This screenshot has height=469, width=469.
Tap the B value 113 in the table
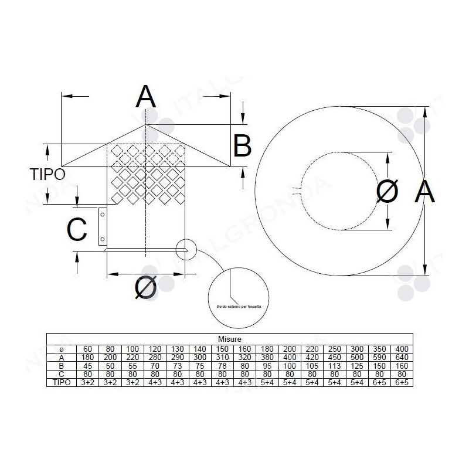(x=335, y=365)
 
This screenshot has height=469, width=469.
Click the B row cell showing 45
(x=87, y=365)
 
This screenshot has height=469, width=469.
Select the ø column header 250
(x=335, y=348)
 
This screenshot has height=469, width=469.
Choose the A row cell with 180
(x=87, y=356)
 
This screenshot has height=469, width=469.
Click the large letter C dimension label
(x=77, y=230)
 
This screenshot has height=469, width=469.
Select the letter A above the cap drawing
(x=146, y=97)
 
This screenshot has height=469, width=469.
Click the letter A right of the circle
(x=425, y=192)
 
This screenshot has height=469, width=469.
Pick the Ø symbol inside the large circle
(x=388, y=192)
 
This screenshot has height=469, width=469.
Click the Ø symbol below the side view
(x=145, y=288)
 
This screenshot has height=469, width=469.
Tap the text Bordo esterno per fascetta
(x=239, y=306)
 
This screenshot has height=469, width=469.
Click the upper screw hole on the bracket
(x=102, y=215)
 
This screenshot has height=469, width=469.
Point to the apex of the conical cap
(x=147, y=124)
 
